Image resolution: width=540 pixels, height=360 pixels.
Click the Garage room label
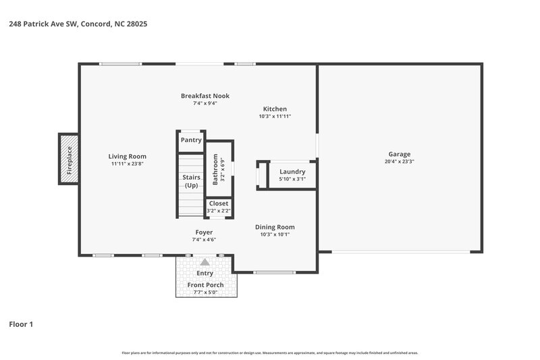[399, 154]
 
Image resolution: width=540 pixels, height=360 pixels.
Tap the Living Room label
[128, 156]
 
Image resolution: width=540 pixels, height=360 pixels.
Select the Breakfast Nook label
[205, 96]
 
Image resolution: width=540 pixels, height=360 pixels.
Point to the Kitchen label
[275, 109]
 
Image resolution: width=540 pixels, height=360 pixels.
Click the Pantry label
[191, 140]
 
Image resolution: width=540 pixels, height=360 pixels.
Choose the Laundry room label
[292, 172]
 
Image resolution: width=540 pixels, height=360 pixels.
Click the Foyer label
[205, 232]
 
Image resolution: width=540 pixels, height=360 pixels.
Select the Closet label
[219, 203]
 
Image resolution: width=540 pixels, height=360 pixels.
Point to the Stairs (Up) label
[191, 181]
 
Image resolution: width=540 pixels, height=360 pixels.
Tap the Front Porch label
[205, 285]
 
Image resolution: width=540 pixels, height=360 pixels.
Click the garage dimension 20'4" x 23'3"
[399, 161]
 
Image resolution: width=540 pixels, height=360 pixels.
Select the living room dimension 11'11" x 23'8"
[128, 163]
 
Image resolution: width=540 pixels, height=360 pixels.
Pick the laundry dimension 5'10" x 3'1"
[292, 179]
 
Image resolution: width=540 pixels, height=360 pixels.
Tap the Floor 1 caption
[21, 324]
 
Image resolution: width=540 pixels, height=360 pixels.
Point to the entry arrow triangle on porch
[205, 262]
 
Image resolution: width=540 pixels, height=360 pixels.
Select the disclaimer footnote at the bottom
[270, 353]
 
